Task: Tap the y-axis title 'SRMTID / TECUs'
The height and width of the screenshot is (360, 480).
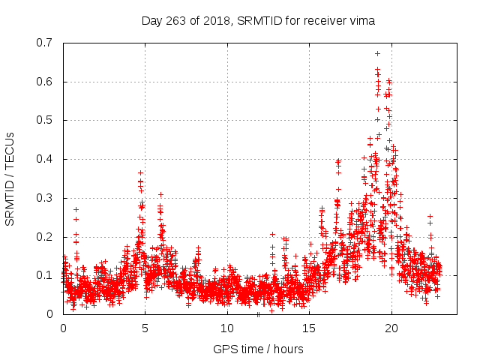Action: pos(10,178)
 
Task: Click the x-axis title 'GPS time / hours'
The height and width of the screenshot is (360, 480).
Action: pos(258,349)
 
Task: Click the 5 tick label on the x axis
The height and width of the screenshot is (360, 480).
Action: pos(145,328)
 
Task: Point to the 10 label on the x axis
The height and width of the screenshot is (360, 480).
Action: pos(227,328)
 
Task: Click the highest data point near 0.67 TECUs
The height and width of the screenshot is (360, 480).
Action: pos(377,53)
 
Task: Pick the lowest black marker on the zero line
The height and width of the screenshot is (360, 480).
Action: pos(258,314)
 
